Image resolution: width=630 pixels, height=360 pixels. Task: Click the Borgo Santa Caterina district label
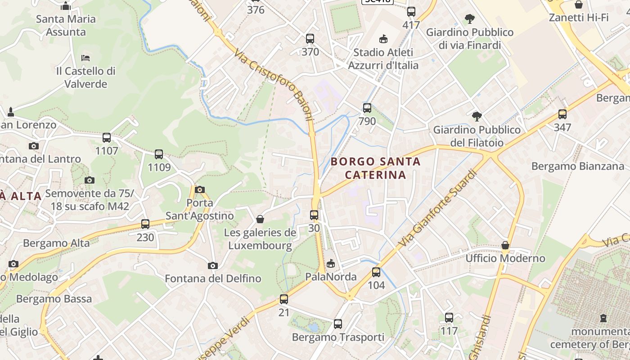click(x=375, y=168)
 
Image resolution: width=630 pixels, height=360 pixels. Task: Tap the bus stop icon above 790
click(x=367, y=108)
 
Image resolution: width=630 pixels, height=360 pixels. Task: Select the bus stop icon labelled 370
click(x=310, y=39)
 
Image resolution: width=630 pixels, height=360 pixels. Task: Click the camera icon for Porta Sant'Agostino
click(x=200, y=189)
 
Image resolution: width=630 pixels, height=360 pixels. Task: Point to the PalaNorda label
click(x=331, y=277)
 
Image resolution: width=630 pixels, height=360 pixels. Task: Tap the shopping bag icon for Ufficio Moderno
click(x=505, y=246)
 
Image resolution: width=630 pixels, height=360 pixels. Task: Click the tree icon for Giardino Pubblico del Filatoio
click(x=477, y=117)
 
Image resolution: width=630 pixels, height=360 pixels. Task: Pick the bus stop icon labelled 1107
click(x=107, y=138)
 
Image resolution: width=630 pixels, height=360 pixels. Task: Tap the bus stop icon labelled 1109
click(x=159, y=154)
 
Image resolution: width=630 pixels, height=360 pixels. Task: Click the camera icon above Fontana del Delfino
click(x=213, y=265)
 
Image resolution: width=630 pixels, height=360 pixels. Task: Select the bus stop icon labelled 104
click(x=376, y=272)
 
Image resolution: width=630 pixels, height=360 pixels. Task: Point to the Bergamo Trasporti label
click(x=338, y=337)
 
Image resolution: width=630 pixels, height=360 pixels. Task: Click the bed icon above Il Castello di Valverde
click(x=85, y=58)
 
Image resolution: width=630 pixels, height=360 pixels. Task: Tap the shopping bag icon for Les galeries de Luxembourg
click(x=260, y=219)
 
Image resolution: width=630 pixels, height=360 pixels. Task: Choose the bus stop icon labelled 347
click(x=562, y=114)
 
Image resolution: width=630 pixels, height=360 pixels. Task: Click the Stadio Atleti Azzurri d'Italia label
click(x=383, y=58)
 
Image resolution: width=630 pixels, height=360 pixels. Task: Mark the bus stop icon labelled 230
click(x=145, y=224)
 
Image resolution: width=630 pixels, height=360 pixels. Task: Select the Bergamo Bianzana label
click(x=578, y=166)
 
